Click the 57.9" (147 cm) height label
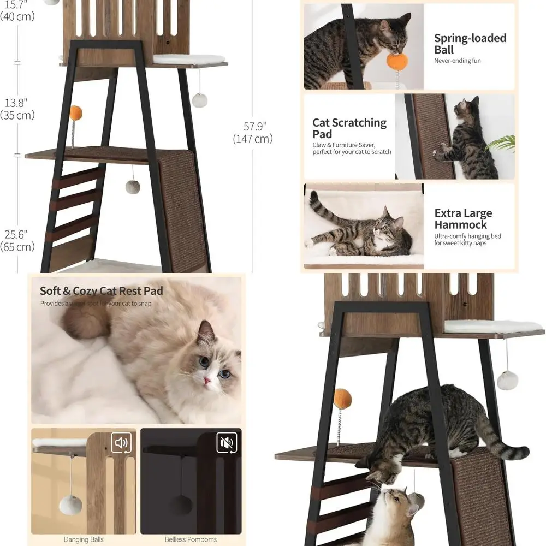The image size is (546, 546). click(x=252, y=133)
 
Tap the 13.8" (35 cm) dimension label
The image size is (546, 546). click(x=17, y=109)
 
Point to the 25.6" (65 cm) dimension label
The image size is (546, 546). click(x=17, y=241)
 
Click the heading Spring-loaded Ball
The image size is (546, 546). click(x=470, y=44)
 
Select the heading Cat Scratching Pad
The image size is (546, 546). click(x=349, y=128)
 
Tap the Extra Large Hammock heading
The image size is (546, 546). click(x=463, y=218)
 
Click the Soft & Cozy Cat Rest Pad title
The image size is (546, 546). click(x=101, y=290)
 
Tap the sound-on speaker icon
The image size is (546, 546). click(x=121, y=442)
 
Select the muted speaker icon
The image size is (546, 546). click(x=226, y=442)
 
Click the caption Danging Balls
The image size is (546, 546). click(x=83, y=539)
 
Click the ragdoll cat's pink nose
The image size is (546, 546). click(x=208, y=380)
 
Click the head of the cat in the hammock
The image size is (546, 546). click(x=392, y=227)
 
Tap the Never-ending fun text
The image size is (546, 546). click(x=458, y=61)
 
